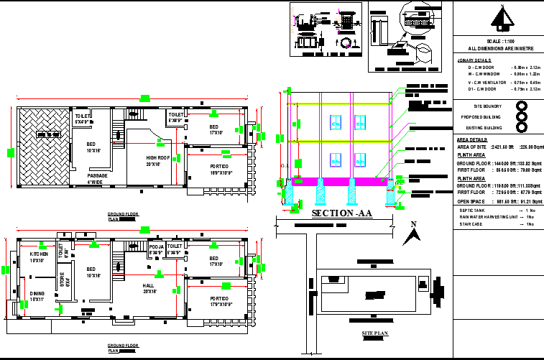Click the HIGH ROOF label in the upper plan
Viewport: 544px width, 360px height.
(158, 160)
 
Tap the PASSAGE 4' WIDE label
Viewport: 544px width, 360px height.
(98, 179)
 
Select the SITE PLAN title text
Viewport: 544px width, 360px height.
(374, 334)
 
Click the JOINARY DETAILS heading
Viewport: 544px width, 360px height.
(474, 60)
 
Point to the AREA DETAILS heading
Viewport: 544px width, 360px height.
(472, 139)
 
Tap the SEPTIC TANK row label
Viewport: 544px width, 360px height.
(472, 210)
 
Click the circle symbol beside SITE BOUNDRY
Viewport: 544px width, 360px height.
(522, 106)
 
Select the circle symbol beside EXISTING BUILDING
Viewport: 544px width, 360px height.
(522, 127)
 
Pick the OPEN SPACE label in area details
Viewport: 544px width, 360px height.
(472, 201)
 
